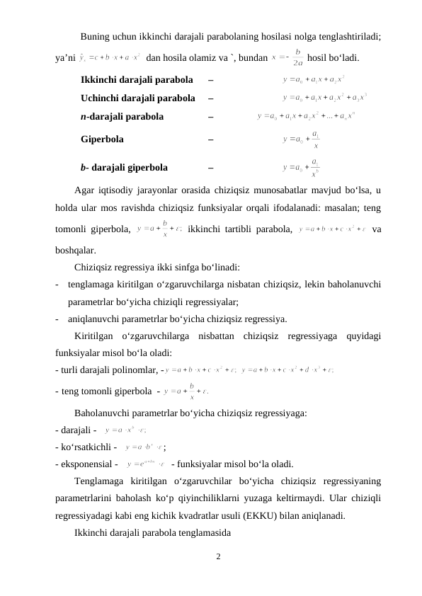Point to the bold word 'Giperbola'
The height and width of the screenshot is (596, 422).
[103, 140]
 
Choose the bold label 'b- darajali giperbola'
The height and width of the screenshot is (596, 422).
[125, 168]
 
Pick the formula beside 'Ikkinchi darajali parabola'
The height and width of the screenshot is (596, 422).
[314, 78]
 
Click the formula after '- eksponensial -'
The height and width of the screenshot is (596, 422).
[146, 464]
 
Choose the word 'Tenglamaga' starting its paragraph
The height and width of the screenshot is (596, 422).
[100, 482]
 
